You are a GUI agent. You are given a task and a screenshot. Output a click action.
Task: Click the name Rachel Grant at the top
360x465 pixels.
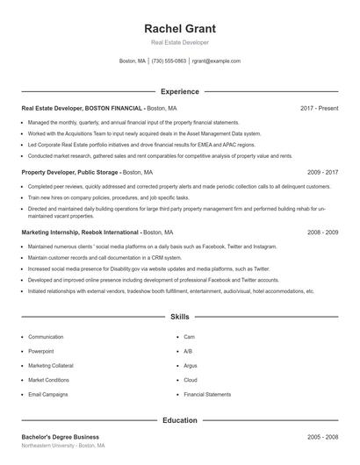[179, 28]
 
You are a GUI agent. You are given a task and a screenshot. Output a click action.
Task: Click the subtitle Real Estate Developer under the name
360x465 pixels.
[179, 42]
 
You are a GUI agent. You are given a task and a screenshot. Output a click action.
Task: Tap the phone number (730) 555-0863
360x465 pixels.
[169, 61]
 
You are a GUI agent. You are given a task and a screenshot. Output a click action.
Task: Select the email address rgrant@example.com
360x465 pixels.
[216, 61]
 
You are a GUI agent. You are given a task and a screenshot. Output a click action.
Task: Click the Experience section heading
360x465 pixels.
[179, 91]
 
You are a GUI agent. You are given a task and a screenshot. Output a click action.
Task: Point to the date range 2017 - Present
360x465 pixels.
[319, 108]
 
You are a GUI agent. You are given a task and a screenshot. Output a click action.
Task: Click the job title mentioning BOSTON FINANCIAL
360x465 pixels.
[82, 108]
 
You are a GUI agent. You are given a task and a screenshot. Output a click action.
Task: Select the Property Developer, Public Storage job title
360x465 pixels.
[70, 172]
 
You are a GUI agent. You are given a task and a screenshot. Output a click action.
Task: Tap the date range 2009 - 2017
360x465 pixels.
[322, 172]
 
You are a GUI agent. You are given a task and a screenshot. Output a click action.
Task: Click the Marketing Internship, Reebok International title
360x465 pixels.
[80, 232]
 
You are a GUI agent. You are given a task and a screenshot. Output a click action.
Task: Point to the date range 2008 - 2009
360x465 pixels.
[322, 232]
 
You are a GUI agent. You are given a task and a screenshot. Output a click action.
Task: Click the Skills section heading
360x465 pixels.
[179, 316]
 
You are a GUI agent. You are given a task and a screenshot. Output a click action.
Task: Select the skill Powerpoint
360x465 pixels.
[41, 351]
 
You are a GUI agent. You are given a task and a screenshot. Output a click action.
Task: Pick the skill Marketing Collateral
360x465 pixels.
[51, 366]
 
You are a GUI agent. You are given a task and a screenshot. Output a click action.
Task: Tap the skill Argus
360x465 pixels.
[191, 366]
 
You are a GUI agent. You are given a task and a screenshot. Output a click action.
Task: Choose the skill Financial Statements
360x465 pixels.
[207, 395]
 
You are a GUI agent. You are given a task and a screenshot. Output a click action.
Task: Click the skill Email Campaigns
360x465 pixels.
[48, 395]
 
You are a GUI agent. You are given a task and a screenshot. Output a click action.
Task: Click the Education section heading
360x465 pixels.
[179, 420]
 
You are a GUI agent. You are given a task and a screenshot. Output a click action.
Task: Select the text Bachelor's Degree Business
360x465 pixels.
[60, 437]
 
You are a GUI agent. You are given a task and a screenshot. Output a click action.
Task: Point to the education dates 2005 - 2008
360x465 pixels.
[322, 437]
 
